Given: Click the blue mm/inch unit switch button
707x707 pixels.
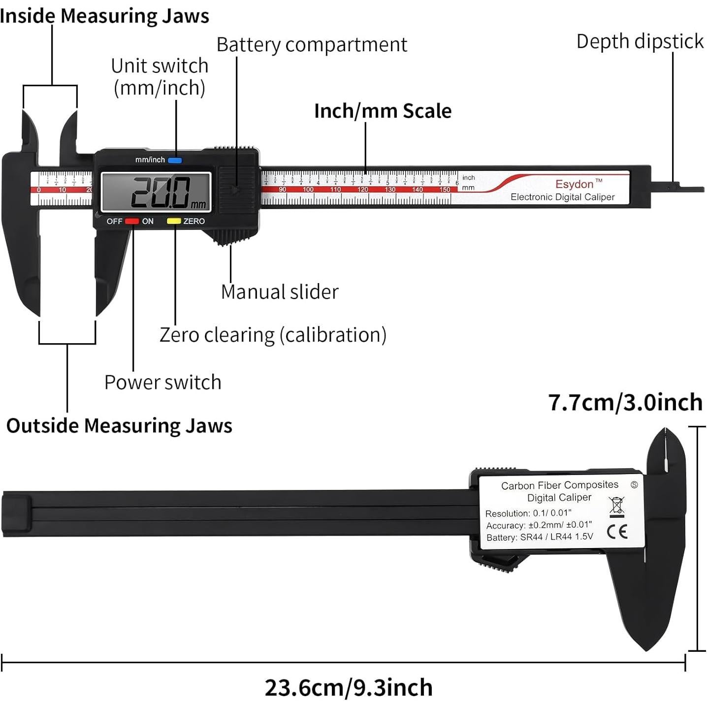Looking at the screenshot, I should tap(175, 160).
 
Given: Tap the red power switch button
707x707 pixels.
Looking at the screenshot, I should tap(132, 221).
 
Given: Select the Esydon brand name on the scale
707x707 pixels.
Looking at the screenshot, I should tap(575, 184).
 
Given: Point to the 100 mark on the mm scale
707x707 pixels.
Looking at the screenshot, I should tap(308, 190).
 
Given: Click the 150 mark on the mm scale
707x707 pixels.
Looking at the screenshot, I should tap(445, 190).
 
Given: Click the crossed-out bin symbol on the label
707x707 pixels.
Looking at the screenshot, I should tap(616, 507).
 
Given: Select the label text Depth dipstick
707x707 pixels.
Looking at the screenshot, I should tap(640, 41).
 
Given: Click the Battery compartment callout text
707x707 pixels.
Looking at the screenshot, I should tap(312, 45).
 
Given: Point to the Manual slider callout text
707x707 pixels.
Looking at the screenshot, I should tap(280, 292).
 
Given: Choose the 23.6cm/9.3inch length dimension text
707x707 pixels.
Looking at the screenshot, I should tap(349, 688).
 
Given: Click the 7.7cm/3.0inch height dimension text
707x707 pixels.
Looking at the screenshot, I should tap(625, 402).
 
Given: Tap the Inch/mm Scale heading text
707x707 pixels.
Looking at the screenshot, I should tap(383, 111).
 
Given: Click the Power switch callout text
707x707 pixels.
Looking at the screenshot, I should tap(162, 383).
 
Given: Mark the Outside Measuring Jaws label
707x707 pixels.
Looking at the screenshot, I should tap(119, 426).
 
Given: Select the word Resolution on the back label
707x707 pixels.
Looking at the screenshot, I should tap(507, 514).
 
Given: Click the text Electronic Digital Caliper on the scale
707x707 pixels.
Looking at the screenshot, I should tap(562, 197).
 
